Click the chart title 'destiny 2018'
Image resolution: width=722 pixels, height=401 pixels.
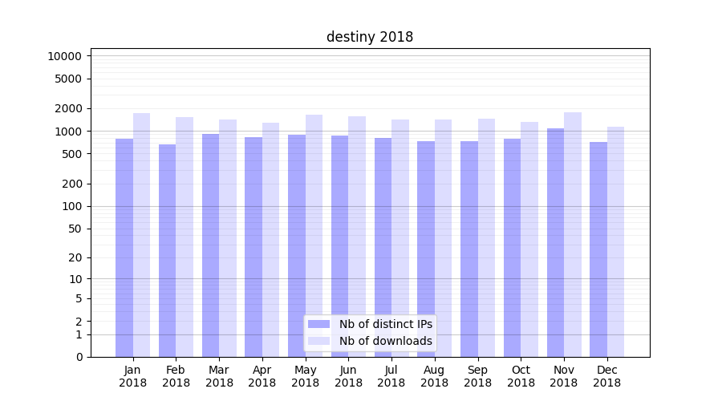[370, 37]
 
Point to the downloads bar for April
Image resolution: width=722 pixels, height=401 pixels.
[270, 240]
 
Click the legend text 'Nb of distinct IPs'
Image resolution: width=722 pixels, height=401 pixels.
[386, 324]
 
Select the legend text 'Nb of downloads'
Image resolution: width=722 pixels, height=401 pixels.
[386, 341]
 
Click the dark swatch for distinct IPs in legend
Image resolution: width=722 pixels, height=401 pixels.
[319, 324]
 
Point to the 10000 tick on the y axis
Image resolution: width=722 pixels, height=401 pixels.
[65, 56]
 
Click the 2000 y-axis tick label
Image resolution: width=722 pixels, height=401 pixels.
[68, 108]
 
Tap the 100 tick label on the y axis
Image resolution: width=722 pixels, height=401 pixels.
[71, 206]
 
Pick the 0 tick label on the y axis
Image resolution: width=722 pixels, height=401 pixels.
[79, 357]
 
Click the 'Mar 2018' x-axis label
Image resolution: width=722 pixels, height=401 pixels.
[219, 376]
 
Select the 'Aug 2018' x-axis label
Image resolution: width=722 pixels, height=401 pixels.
[435, 376]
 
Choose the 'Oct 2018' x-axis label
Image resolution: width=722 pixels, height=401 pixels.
[521, 376]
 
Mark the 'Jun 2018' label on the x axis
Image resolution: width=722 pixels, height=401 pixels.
[348, 376]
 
